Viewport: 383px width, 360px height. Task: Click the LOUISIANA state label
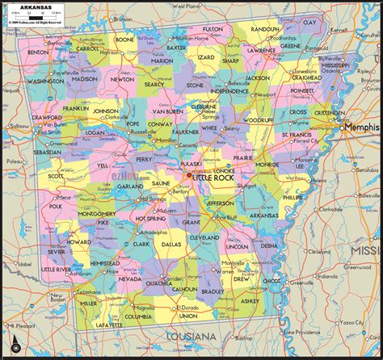191,335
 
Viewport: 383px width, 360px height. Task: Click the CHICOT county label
271,281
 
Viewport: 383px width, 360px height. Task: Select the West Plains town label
187,6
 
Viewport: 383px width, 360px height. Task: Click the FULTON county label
213,28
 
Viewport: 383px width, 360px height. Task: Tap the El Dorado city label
189,308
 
